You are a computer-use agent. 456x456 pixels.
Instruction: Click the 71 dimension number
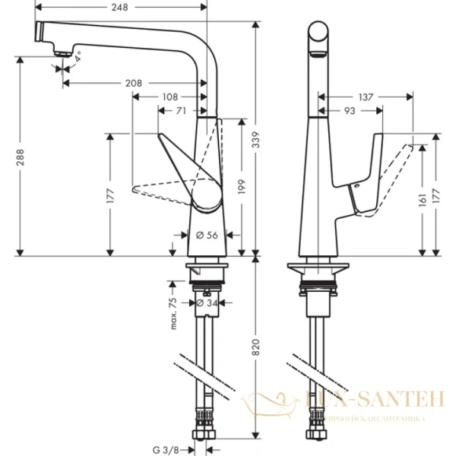tap(181, 111)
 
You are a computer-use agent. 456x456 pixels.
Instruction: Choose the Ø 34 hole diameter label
tap(205, 304)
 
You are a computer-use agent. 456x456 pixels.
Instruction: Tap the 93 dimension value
tap(349, 111)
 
